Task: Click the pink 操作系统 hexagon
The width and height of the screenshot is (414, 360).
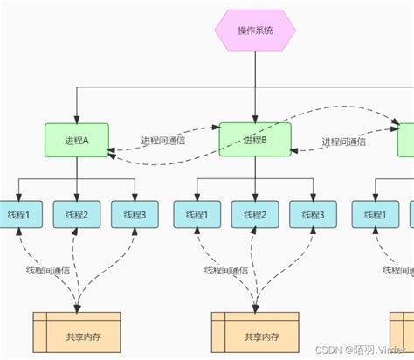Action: [255, 31]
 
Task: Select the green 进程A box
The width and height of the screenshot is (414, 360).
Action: [77, 140]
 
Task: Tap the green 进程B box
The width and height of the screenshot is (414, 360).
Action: [254, 140]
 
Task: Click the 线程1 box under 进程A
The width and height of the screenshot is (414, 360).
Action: [19, 214]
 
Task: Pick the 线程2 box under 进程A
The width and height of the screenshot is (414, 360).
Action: [77, 214]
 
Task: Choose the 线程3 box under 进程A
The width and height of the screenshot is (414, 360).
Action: [135, 214]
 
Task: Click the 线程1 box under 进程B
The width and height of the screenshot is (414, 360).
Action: [197, 214]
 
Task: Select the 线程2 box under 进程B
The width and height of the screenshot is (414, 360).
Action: [254, 214]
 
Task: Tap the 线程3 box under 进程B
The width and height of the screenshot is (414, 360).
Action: [312, 214]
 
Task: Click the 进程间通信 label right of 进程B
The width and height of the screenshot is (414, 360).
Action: [343, 142]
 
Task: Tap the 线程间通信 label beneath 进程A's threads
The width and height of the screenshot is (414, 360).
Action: [50, 270]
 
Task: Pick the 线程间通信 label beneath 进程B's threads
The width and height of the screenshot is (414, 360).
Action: [227, 270]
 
